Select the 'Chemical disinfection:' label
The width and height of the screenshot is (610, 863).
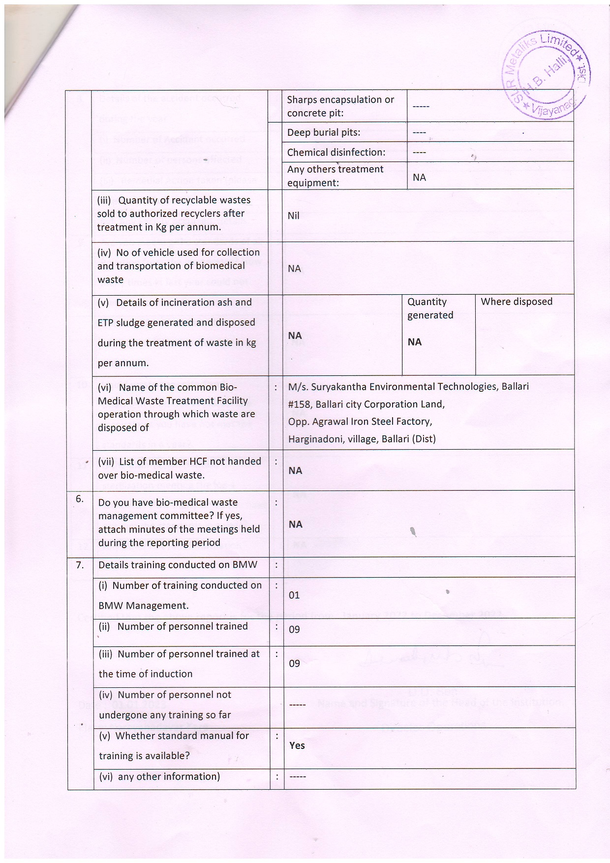(336, 153)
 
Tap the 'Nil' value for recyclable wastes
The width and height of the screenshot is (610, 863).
(293, 216)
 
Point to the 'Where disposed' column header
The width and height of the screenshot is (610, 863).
(517, 302)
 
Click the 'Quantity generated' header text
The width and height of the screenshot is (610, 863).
(430, 308)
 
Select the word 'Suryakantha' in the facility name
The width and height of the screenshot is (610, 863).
(337, 387)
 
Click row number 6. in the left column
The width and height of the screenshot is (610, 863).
(80, 499)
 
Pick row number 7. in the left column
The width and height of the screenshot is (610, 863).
(80, 565)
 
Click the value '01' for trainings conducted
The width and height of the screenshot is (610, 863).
(294, 595)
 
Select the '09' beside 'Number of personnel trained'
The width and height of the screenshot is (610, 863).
(294, 630)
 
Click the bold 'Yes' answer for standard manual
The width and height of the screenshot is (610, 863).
(297, 745)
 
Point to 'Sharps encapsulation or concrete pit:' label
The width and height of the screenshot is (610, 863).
(340, 106)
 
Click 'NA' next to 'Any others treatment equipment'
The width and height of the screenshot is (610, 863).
(419, 177)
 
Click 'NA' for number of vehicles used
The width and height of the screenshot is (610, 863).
(294, 269)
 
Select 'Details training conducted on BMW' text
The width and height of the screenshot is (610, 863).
(178, 565)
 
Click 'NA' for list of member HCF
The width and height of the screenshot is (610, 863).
(295, 471)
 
